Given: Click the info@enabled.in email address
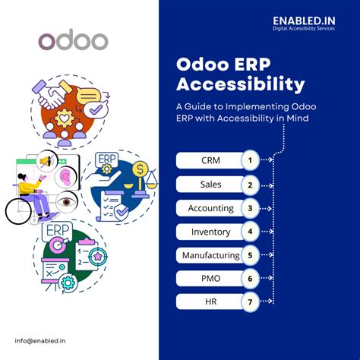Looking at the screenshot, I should (39, 339).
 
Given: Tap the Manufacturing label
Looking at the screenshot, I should (210, 254).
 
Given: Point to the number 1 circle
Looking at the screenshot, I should (249, 160).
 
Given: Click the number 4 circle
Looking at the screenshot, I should (249, 231).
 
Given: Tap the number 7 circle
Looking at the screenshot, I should (249, 302).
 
